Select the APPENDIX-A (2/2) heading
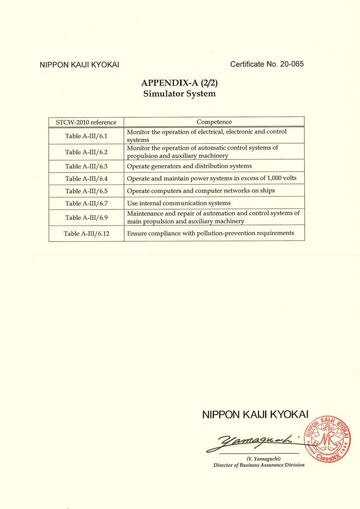pyautogui.click(x=180, y=83)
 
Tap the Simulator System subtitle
pyautogui.click(x=180, y=94)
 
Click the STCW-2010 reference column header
pyautogui.click(x=86, y=122)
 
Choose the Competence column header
pyautogui.click(x=214, y=122)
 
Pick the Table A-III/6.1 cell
pyautogui.click(x=86, y=136)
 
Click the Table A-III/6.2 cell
pyautogui.click(x=86, y=152)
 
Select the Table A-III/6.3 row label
pyautogui.click(x=86, y=166)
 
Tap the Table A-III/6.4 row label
pyautogui.click(x=86, y=179)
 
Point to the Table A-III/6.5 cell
pyautogui.click(x=86, y=191)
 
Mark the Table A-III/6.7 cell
pyautogui.click(x=86, y=204)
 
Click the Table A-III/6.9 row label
pyautogui.click(x=86, y=218)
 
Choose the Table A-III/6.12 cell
pyautogui.click(x=86, y=234)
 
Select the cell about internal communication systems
pyautogui.click(x=179, y=203)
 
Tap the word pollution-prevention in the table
pyautogui.click(x=226, y=233)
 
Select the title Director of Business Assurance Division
pyautogui.click(x=259, y=465)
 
